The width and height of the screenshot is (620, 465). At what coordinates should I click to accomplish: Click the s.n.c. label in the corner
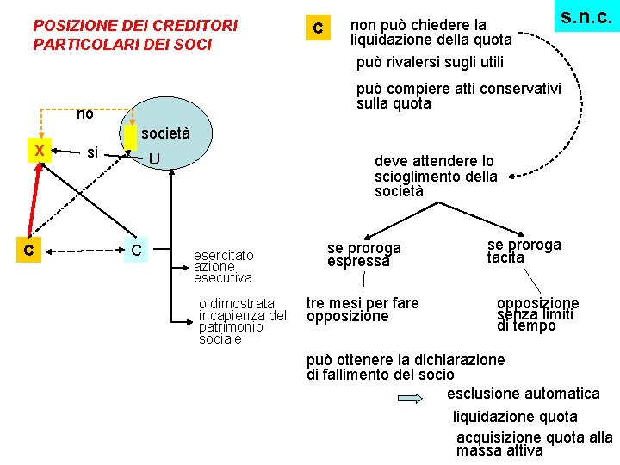pyautogui.click(x=586, y=16)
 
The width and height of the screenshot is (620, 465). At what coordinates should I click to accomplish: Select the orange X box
pyautogui.click(x=39, y=150)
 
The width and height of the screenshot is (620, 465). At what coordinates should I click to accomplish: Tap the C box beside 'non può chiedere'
pyautogui.click(x=318, y=28)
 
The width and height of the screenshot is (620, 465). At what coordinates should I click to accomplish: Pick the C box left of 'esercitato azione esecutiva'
pyautogui.click(x=136, y=250)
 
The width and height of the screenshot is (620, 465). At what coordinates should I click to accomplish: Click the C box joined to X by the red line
pyautogui.click(x=28, y=250)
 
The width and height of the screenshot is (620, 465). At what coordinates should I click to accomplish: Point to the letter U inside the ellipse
pyautogui.click(x=153, y=159)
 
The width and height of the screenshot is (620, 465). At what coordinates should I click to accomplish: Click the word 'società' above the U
pyautogui.click(x=164, y=133)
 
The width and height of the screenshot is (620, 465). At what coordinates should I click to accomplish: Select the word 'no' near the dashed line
pyautogui.click(x=84, y=114)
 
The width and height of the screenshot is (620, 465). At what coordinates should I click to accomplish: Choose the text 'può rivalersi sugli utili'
pyautogui.click(x=430, y=62)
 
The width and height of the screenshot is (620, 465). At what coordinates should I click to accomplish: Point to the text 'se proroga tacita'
pyautogui.click(x=524, y=251)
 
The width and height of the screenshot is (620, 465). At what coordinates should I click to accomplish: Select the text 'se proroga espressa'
pyautogui.click(x=363, y=254)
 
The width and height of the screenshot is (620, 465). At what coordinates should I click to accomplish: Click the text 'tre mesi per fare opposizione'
pyautogui.click(x=363, y=309)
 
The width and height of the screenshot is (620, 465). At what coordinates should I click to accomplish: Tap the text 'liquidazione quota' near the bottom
pyautogui.click(x=515, y=417)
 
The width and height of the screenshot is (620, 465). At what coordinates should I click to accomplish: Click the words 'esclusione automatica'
pyautogui.click(x=524, y=394)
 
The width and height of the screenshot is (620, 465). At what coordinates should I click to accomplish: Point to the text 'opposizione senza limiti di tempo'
pyautogui.click(x=537, y=314)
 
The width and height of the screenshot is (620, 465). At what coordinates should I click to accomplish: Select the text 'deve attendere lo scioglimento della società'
pyautogui.click(x=435, y=176)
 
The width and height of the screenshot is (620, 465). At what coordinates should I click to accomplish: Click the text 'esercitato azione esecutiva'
pyautogui.click(x=223, y=266)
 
